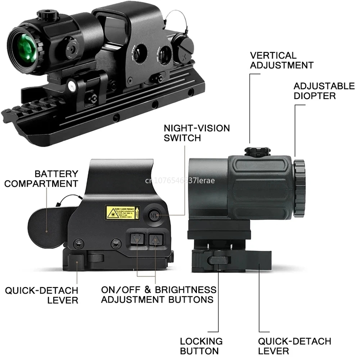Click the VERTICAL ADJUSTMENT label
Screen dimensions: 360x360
[x=281, y=60]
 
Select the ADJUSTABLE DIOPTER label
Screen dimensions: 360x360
[x=324, y=91]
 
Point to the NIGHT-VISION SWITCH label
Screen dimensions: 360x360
[x=196, y=133]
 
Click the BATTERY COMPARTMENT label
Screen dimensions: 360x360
[x=41, y=179]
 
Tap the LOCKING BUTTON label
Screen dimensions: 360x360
[x=201, y=346]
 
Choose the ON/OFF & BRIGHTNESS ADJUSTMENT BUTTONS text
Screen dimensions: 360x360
[x=159, y=294]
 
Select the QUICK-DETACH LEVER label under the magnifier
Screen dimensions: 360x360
[x=294, y=346]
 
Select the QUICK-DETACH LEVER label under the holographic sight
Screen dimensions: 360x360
[x=41, y=295]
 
